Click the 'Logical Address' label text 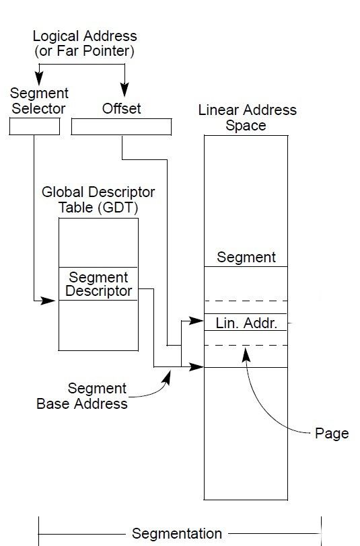pyautogui.click(x=85, y=36)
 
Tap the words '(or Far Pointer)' pyautogui.click(x=84, y=51)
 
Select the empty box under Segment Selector pyautogui.click(x=34, y=126)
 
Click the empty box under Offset pyautogui.click(x=121, y=126)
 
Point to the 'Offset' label pyautogui.click(x=121, y=109)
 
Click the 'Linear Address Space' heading pyautogui.click(x=247, y=118)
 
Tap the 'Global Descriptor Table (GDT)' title pyautogui.click(x=98, y=200)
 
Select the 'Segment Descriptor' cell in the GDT pyautogui.click(x=99, y=284)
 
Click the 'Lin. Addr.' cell pyautogui.click(x=246, y=323)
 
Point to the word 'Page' pyautogui.click(x=332, y=434)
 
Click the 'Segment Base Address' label pyautogui.click(x=82, y=396)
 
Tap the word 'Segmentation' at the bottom pyautogui.click(x=177, y=533)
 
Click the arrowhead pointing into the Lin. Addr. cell pyautogui.click(x=196, y=320)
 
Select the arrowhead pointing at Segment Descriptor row pyautogui.click(x=48, y=300)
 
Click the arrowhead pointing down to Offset pyautogui.click(x=124, y=89)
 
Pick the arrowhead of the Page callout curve pyautogui.click(x=246, y=355)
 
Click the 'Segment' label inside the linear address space pyautogui.click(x=246, y=258)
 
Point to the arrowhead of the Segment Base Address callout pyautogui.click(x=168, y=377)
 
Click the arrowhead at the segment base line pyautogui.click(x=196, y=366)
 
